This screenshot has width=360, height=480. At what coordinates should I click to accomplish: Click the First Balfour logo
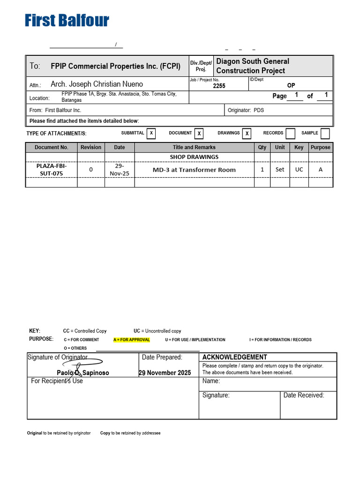click(67, 21)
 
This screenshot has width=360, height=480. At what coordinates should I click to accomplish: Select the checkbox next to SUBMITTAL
click(151, 134)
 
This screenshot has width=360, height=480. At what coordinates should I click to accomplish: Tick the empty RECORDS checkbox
click(291, 134)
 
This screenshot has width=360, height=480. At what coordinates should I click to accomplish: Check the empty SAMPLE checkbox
click(325, 134)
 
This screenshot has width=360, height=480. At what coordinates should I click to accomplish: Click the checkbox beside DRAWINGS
click(247, 134)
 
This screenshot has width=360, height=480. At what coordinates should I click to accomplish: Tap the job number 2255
click(219, 86)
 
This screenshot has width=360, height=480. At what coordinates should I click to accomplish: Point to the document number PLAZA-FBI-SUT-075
click(52, 170)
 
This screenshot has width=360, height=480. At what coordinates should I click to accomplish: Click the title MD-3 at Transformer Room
click(194, 170)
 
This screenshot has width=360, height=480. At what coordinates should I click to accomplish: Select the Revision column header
click(91, 147)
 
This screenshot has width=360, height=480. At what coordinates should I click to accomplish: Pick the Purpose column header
click(321, 147)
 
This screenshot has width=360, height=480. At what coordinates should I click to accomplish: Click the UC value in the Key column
click(299, 170)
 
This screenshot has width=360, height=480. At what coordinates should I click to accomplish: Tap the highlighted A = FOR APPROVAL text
click(132, 340)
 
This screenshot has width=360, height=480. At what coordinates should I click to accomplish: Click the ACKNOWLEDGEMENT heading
click(235, 357)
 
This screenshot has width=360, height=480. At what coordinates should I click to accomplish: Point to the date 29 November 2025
click(165, 373)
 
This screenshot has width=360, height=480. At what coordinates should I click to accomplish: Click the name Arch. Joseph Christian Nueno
click(97, 84)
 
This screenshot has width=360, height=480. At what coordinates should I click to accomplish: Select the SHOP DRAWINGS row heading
click(194, 157)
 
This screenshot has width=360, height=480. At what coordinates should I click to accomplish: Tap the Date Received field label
click(304, 395)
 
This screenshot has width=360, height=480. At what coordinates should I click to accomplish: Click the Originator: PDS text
click(246, 110)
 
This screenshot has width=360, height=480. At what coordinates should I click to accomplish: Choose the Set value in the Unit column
click(280, 170)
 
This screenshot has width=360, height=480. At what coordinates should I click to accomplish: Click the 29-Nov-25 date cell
click(120, 170)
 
